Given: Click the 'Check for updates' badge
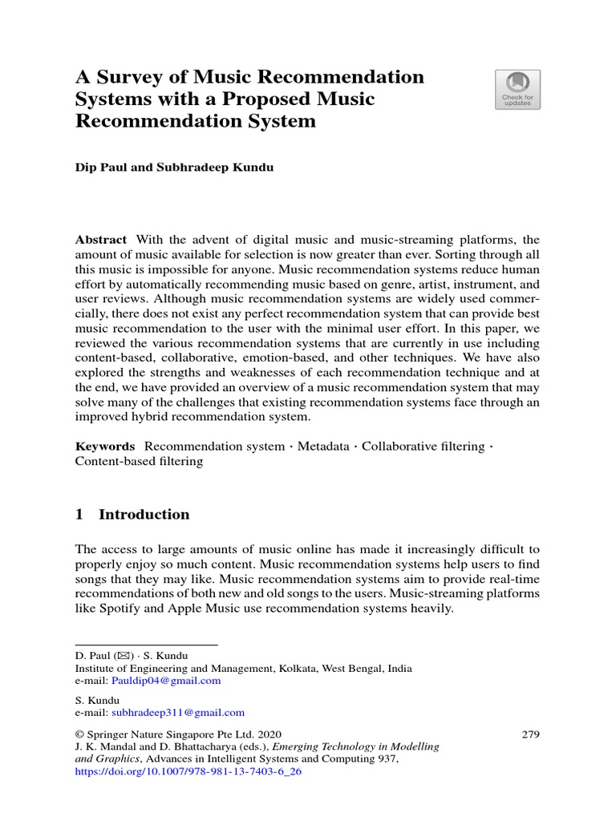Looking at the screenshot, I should click(x=517, y=89).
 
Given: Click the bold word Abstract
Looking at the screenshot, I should click(x=100, y=240).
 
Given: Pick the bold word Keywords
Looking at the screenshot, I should click(x=104, y=446).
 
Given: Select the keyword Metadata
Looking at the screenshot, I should click(x=323, y=446).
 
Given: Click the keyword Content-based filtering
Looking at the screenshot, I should click(x=139, y=461).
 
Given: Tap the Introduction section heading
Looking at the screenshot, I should click(x=144, y=515).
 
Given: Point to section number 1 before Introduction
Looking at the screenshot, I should click(x=79, y=515).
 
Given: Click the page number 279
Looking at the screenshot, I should click(x=530, y=734).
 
